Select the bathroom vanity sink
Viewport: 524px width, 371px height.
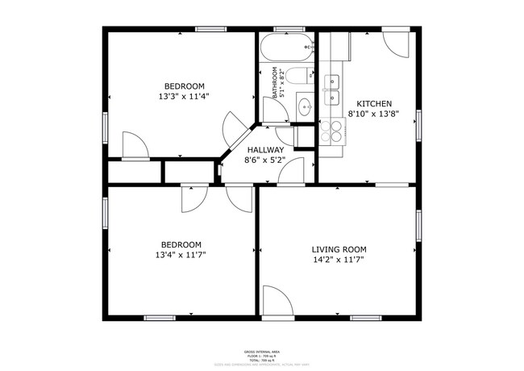pyautogui.click(x=305, y=106)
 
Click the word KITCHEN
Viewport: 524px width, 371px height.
pyautogui.click(x=375, y=104)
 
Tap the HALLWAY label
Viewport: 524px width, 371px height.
pyautogui.click(x=265, y=150)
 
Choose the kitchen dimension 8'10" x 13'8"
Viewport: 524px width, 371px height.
pyautogui.click(x=375, y=115)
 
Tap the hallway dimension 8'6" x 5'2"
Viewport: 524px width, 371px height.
pyautogui.click(x=265, y=160)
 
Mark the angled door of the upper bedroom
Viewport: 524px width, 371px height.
pyautogui.click(x=234, y=128)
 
